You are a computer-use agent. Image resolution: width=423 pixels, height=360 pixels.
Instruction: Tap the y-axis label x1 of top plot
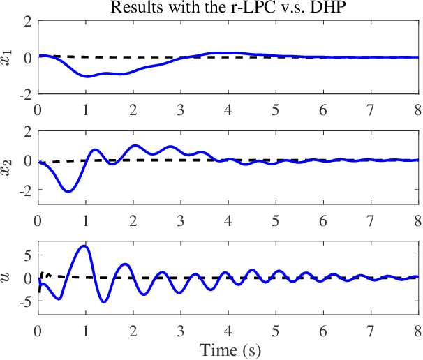point(9,57)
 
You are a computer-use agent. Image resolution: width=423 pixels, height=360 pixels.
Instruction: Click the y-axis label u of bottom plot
point(8,278)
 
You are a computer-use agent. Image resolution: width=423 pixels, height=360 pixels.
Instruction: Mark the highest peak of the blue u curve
point(84,246)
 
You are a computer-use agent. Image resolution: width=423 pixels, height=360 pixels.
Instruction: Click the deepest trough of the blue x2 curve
point(68,191)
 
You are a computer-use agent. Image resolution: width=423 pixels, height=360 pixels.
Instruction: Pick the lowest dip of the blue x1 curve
point(87,76)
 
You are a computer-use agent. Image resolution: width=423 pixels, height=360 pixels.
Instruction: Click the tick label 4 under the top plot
point(228,110)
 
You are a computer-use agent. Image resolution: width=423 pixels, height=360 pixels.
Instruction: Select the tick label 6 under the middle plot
point(323,220)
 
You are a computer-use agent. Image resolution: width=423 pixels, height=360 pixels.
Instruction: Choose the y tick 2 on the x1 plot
point(27,21)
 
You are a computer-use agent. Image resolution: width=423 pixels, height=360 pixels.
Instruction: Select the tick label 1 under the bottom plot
point(85,331)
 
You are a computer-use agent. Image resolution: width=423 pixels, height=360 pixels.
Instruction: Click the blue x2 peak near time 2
point(134,145)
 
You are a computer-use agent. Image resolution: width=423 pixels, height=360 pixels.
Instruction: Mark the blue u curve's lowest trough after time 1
point(104,302)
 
